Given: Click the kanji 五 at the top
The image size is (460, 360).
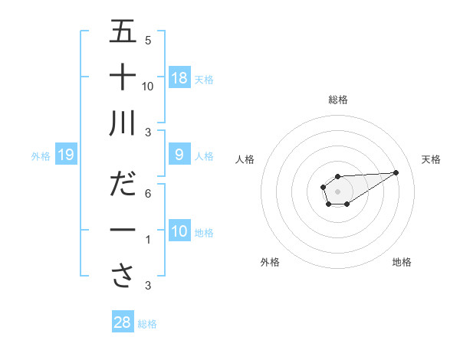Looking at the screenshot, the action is [123, 31].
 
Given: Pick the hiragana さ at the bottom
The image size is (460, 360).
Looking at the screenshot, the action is [123, 275].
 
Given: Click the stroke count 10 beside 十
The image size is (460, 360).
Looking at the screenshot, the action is [149, 87].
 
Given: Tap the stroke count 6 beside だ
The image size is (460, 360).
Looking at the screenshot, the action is [148, 194].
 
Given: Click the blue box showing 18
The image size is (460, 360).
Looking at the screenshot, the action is [179, 78].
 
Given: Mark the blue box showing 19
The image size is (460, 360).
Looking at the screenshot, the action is [65, 155].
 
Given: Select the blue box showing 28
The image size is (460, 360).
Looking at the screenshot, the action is [123, 322].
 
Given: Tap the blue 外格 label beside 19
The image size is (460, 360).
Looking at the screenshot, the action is [41, 156].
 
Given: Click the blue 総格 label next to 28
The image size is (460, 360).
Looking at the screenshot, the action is [147, 323].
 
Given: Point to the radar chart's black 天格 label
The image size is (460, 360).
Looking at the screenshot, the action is [431, 159].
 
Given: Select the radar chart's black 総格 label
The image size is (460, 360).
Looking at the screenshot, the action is [338, 100].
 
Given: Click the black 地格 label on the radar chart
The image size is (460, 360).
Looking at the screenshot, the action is [402, 262].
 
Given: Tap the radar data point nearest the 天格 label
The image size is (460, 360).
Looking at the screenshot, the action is [396, 172].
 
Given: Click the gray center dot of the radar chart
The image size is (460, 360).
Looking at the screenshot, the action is [338, 191].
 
